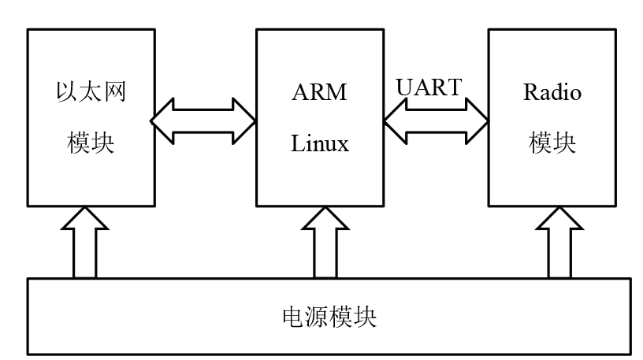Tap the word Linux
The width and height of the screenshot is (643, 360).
click(x=320, y=144)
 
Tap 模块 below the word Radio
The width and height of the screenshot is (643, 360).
click(x=552, y=144)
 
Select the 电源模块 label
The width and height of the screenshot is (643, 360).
click(x=329, y=317)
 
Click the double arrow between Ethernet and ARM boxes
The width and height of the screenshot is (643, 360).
click(x=203, y=121)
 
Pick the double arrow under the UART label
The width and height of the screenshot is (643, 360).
click(x=435, y=121)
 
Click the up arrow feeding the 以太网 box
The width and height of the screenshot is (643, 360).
click(x=86, y=241)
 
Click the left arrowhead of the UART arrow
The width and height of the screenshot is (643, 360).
click(x=395, y=121)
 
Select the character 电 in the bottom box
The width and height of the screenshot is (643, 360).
click(x=292, y=317)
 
